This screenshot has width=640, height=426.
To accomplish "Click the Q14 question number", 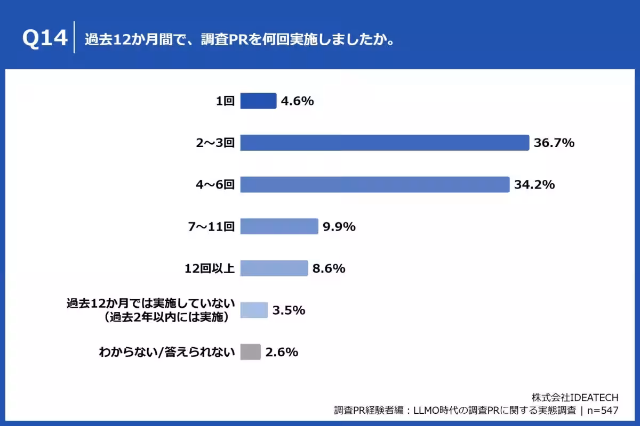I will click(45, 39).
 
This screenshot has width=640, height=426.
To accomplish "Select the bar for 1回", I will click(258, 101).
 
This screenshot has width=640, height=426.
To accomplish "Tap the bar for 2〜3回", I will click(384, 143).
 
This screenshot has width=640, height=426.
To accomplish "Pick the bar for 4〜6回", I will click(374, 185).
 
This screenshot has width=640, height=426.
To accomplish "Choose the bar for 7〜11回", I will click(279, 226).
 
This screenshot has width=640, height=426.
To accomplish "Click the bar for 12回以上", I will click(274, 268).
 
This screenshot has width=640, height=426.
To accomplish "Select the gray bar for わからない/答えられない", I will click(251, 352).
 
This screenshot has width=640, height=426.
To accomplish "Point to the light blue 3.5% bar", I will click(254, 310).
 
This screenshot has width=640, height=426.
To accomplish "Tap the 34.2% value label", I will click(535, 185).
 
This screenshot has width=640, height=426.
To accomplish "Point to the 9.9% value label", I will click(339, 227).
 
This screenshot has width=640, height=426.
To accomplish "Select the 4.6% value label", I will click(298, 101).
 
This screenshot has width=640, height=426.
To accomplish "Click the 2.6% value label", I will click(282, 352).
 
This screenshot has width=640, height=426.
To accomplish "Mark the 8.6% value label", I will click(329, 268).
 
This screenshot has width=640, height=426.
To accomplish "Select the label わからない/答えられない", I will click(167, 352).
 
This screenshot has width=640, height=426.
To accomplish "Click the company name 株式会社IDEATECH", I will click(575, 398).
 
